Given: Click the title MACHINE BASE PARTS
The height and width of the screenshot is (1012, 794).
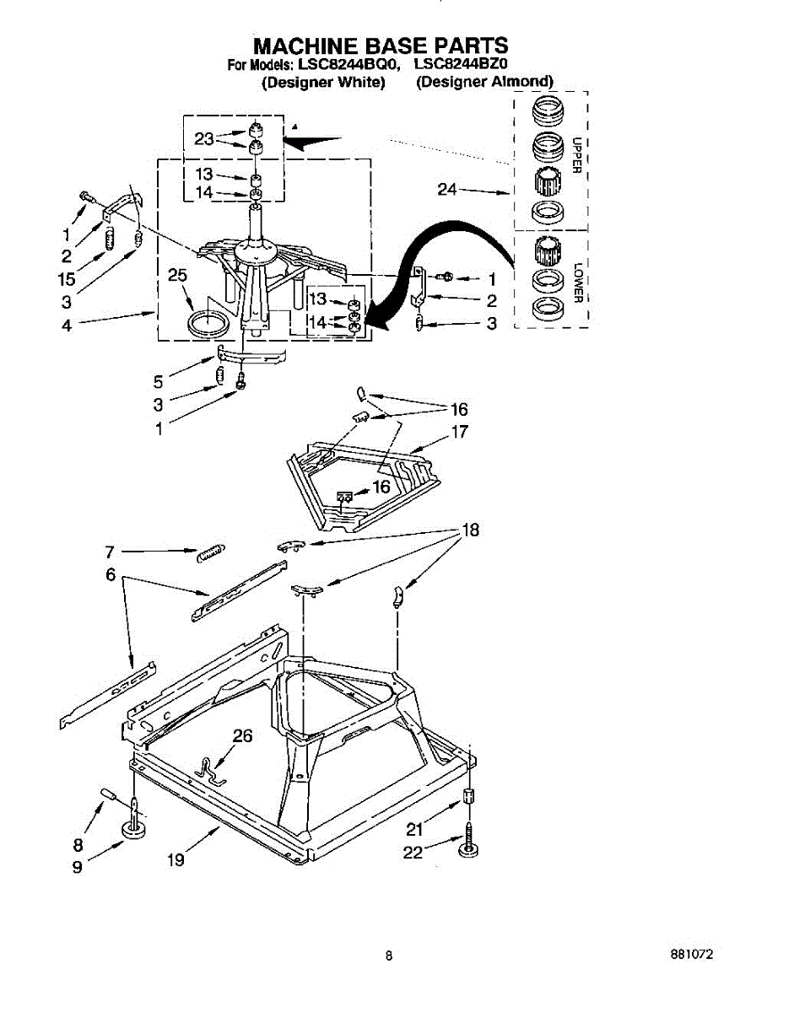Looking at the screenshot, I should point(381,45).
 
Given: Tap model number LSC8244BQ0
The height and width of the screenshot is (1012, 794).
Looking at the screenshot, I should point(336,64).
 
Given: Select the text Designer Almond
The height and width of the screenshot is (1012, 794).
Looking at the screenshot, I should point(484,82).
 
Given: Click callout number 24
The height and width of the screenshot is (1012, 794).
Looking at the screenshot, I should point(447,191).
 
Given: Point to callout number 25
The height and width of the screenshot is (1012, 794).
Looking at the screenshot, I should point(176,275).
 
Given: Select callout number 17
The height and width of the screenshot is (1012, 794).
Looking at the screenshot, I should point(460,433).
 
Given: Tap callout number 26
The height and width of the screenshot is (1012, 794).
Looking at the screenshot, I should point(242,736).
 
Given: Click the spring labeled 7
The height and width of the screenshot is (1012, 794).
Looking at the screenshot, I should point(209,552).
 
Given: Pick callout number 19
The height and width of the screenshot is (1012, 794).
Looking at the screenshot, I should point(176,861).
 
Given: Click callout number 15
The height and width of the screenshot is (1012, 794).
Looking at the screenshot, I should point(68,279).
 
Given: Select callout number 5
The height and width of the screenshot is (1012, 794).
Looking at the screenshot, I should point(158,381).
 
